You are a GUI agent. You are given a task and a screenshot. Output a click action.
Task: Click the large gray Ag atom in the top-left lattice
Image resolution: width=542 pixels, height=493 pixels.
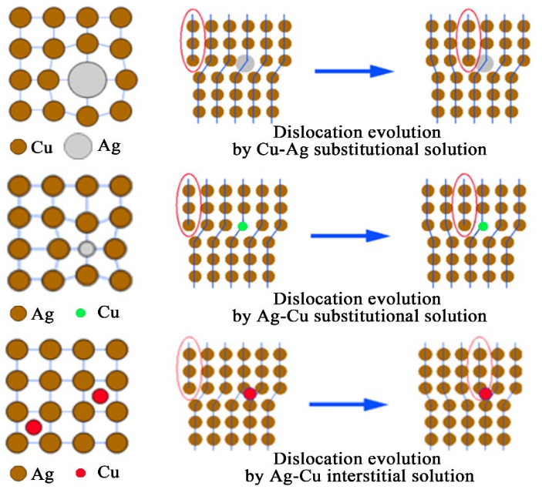click(87, 79)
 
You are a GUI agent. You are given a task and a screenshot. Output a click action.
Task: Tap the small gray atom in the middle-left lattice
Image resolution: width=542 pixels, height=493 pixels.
click(87, 249)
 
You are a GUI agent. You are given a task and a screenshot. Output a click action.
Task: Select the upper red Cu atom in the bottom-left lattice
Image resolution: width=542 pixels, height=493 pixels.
click(99, 396)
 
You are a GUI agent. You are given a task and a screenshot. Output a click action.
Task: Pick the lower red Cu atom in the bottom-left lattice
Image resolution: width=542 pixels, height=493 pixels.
click(32, 426)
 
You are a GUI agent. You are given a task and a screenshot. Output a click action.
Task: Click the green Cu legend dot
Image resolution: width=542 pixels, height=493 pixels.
click(80, 314)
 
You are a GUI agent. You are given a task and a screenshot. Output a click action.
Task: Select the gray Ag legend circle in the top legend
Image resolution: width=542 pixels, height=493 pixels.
click(76, 145)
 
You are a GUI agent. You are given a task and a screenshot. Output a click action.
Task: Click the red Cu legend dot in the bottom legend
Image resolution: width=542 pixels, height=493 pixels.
click(80, 471)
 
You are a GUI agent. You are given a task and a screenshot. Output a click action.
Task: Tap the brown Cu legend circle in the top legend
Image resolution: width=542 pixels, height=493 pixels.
click(18, 146)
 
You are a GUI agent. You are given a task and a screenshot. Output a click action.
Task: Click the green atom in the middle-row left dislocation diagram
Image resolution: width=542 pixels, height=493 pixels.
click(243, 226)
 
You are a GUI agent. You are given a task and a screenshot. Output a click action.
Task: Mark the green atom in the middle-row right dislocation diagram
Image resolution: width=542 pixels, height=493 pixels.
click(483, 226)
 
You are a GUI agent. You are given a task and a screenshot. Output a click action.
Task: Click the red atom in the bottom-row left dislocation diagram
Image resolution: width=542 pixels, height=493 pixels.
click(249, 394)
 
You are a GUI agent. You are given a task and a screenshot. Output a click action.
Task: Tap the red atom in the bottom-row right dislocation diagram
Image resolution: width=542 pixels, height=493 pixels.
click(485, 394)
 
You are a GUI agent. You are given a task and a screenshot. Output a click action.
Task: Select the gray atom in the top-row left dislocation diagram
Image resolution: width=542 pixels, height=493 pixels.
click(245, 62)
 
